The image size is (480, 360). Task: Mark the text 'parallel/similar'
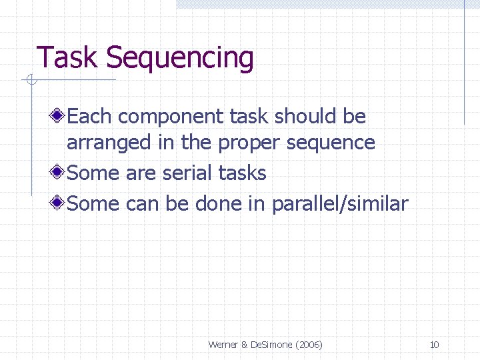click(x=339, y=203)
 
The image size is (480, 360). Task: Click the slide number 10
click(x=434, y=345)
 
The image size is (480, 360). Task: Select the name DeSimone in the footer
click(x=269, y=345)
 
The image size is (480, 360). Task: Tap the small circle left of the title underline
click(x=29, y=81)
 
